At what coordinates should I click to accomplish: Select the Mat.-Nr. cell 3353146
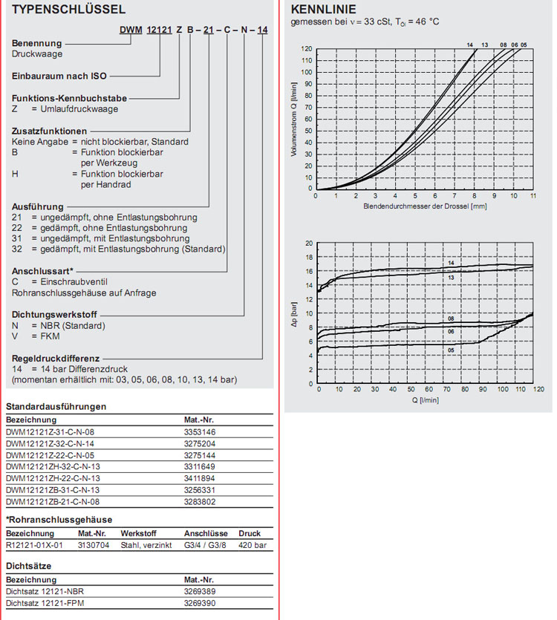pos(201,431)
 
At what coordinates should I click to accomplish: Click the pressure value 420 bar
pos(253,545)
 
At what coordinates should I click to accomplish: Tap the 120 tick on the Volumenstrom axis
pos(307,49)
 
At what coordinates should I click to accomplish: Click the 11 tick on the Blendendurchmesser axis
pos(533,196)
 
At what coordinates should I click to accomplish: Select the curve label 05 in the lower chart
pos(451,348)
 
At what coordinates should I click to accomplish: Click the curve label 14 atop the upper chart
pos(469,45)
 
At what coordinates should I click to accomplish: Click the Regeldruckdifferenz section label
pos(56,357)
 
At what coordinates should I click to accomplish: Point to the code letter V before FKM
pos(15,336)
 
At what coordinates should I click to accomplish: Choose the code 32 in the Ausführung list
pos(17,249)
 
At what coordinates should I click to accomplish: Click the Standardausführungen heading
pos(56,407)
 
